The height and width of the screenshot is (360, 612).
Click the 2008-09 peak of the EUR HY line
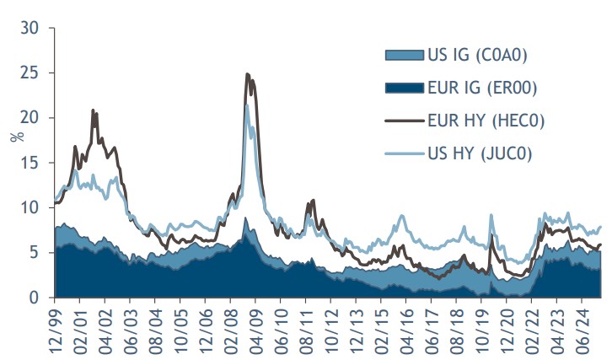(x=247, y=74)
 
